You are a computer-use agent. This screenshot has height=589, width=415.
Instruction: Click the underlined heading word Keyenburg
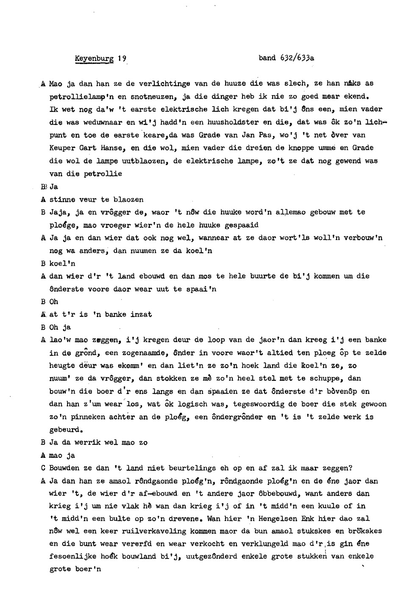coord(94,58)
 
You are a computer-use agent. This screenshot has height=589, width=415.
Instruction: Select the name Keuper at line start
coord(62,148)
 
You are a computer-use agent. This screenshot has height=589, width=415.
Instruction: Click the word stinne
coord(62,199)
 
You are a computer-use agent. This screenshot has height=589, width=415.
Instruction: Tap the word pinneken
coord(88,417)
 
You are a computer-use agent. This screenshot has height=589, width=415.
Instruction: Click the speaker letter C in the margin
coord(43,468)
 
